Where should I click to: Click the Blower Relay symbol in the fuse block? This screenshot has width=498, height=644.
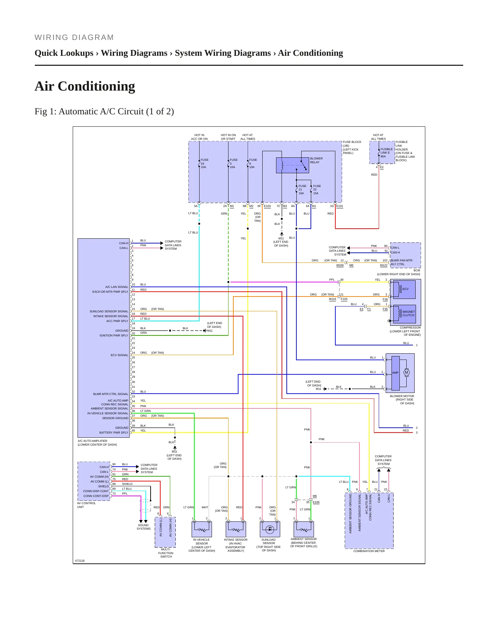293,165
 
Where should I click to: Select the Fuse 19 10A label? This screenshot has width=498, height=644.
204,164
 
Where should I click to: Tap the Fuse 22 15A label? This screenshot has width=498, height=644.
317,190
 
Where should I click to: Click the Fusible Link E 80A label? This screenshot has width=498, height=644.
386,153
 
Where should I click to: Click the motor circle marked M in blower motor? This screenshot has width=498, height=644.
406,372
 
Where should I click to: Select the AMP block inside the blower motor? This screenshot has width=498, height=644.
395,373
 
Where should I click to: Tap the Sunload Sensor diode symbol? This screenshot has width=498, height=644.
270,529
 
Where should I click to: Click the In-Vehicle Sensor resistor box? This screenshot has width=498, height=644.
202,529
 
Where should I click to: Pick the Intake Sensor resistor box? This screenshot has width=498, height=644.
236,529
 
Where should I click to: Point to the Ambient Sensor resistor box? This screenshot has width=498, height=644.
304,529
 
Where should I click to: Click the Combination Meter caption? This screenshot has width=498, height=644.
369,551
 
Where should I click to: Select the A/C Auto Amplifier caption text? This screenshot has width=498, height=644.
97,443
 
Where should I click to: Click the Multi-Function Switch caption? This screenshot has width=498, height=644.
166,553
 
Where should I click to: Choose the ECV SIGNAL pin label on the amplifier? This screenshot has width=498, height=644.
119,355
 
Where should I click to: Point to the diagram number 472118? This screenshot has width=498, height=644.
80,561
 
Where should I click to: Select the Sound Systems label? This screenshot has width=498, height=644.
143,527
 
